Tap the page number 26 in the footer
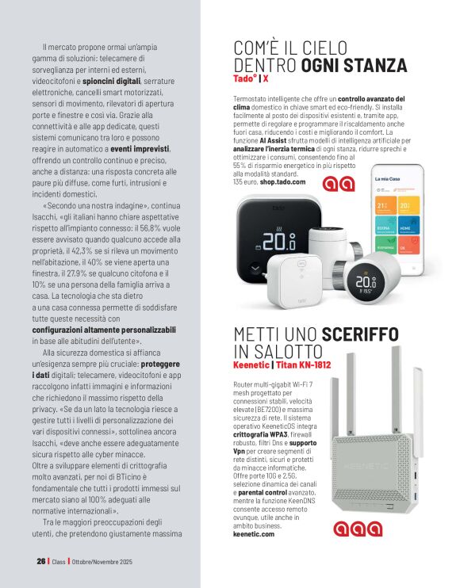[x=40, y=560]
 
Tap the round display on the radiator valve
[x=365, y=282]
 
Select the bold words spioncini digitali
[x=111, y=80]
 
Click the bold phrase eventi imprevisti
[x=140, y=148]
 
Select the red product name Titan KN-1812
[x=304, y=365]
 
